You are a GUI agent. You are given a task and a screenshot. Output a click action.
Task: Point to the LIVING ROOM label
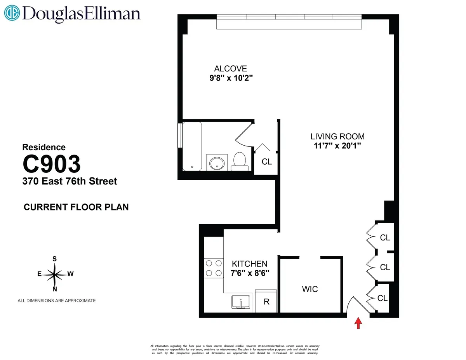(x=337, y=136)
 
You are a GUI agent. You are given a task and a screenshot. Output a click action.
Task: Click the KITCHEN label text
(x=249, y=264)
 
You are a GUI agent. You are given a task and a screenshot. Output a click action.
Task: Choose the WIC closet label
(x=310, y=289)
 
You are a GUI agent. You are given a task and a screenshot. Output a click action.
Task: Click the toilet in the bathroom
(x=240, y=161)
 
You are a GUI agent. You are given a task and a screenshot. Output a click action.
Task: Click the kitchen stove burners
(x=213, y=268)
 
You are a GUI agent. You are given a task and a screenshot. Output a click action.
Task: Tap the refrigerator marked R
(x=266, y=301)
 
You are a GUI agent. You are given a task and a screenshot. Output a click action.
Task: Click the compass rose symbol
(x=55, y=274)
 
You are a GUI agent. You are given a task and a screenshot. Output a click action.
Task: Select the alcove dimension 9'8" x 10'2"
(x=231, y=78)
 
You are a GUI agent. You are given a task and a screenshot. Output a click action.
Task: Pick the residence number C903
(x=52, y=164)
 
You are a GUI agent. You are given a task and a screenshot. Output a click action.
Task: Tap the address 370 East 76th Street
(x=70, y=181)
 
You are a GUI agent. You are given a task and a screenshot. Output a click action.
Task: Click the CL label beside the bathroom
(x=267, y=162)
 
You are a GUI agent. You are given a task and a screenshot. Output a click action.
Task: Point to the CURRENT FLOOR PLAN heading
(x=76, y=207)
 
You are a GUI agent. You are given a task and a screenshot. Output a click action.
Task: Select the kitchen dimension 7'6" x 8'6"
(x=249, y=273)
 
